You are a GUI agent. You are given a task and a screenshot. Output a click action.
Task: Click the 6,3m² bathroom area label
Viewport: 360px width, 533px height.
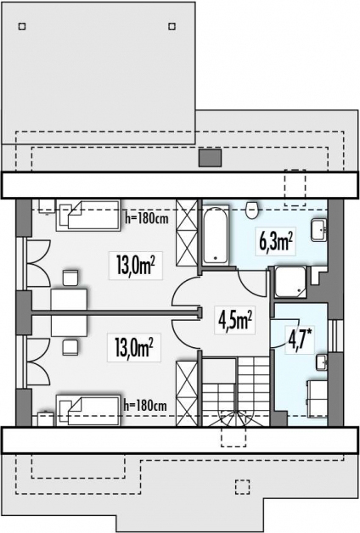tap(276, 242)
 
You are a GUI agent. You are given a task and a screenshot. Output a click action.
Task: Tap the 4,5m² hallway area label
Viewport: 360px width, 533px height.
tap(235, 320)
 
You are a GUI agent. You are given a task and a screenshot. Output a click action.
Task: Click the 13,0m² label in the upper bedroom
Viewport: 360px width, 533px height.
tap(135, 266)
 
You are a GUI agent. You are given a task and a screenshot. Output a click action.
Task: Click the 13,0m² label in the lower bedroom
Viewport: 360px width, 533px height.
tap(134, 348)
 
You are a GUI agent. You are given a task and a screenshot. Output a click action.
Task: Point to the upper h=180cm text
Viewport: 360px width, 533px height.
tap(147, 219)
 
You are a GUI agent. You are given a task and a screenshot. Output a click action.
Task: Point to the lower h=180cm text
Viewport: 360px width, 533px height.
tap(145, 405)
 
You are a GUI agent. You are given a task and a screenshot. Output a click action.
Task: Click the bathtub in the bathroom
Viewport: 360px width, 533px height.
tap(215, 234)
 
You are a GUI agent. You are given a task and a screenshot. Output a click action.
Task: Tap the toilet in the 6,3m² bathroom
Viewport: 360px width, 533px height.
tap(252, 210)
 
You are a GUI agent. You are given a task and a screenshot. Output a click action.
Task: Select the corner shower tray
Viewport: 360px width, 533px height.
tap(290, 282)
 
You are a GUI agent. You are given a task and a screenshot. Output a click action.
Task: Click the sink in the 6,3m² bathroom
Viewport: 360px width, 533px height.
tap(319, 230)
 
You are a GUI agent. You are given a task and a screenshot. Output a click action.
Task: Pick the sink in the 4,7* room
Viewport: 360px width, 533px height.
tap(322, 362)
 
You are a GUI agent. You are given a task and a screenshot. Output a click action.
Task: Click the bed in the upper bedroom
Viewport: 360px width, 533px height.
tap(88, 216)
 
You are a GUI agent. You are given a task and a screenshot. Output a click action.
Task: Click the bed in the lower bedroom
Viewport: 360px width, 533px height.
tap(88, 410)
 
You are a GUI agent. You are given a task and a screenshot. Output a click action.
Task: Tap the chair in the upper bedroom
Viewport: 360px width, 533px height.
tap(70, 278)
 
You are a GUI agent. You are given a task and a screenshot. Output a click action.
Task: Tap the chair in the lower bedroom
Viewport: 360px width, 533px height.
tap(70, 347)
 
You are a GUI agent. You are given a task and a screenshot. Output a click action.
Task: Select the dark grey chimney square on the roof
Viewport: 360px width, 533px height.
tap(210, 158)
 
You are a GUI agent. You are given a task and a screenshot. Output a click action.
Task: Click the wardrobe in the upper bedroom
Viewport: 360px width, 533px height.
tap(187, 233)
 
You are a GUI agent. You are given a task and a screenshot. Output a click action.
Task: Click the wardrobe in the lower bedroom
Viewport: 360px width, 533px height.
tap(187, 394)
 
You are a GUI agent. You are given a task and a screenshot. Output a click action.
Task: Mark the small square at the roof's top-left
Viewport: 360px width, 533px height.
tap(22, 26)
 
